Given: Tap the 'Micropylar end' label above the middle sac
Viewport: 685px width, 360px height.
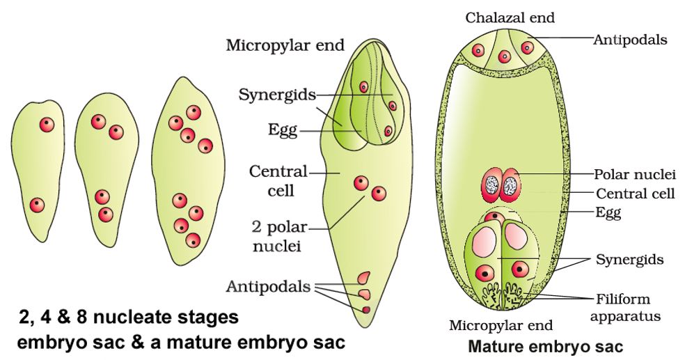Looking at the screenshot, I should (285, 46).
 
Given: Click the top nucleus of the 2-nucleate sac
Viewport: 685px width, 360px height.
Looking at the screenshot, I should (46, 125).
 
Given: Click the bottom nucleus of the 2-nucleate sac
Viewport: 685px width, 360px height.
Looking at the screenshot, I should (38, 205).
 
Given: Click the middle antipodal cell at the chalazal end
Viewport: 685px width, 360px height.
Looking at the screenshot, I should (503, 49).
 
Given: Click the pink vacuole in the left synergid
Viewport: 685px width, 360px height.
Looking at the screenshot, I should (485, 242).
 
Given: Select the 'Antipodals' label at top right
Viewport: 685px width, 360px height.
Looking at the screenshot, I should (630, 40).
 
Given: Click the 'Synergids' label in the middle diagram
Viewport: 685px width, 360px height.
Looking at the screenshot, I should (277, 94).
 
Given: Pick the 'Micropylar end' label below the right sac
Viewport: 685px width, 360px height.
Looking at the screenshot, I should (501, 325).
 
